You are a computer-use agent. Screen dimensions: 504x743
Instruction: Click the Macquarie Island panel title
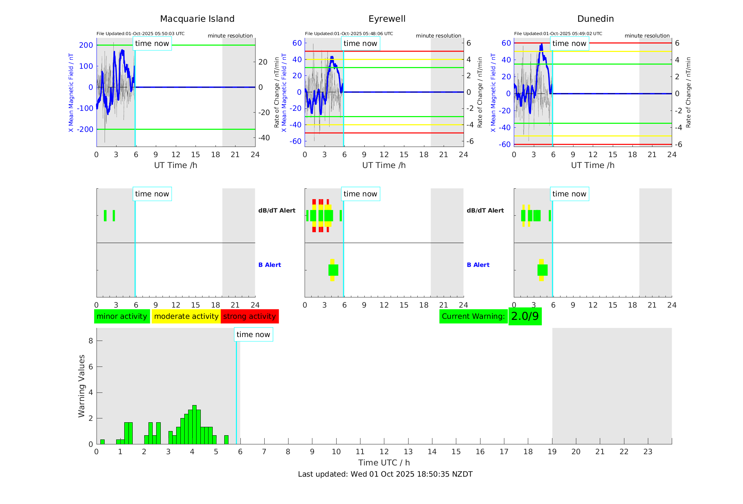pos(197,19)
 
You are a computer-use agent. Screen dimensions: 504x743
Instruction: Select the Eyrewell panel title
pos(387,19)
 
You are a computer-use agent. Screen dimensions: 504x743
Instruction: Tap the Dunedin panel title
pos(595,19)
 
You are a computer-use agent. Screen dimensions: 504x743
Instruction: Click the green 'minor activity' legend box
pos(122,316)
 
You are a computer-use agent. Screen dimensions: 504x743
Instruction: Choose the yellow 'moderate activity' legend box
pos(186,316)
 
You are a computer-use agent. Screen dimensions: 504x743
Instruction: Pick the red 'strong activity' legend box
pos(250,316)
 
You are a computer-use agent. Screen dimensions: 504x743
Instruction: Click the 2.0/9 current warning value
pos(525,316)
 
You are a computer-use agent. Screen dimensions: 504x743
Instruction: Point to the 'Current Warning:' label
pos(473,316)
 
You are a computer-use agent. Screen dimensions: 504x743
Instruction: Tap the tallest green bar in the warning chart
pos(194,425)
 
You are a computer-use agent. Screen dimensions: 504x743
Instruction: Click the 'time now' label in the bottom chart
pos(253,335)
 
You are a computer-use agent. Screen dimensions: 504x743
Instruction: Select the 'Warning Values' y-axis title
pos(82,386)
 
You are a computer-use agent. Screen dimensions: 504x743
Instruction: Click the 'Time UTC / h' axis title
pos(384,463)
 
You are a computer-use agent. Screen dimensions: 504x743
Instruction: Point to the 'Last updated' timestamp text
pos(385,474)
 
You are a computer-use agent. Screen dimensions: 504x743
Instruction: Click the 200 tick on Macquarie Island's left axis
pos(86,45)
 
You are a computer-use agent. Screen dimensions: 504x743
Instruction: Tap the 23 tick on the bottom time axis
pos(648,452)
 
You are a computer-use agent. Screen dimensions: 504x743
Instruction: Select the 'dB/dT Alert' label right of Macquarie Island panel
pos(277,210)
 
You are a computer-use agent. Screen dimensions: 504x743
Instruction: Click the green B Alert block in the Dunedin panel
pos(542,270)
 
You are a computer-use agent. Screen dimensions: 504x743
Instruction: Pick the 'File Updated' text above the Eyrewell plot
pos(349,34)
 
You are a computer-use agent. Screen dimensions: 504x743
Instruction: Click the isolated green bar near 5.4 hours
pos(226,440)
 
